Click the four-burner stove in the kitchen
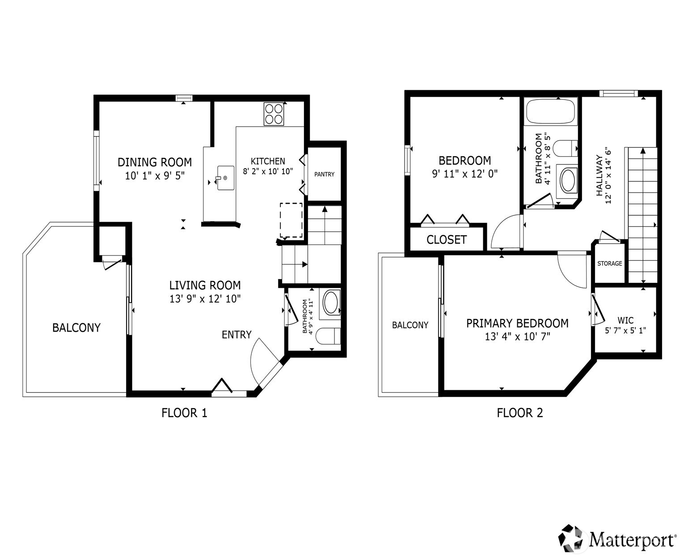tap(274, 114)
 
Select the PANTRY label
tap(324, 174)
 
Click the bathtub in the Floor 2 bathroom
tap(550, 112)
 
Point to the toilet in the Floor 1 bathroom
tap(328, 336)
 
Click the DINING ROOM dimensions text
tap(155, 176)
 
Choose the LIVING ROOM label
tap(205, 285)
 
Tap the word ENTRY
tap(236, 335)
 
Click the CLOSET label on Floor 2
tap(446, 240)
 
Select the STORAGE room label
tap(609, 264)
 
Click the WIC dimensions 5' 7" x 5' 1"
tap(625, 331)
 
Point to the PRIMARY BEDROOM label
tap(517, 323)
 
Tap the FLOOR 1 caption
tap(184, 413)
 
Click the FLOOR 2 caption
tap(519, 413)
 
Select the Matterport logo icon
tap(572, 538)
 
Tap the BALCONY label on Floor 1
tap(76, 328)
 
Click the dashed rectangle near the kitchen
tap(291, 220)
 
